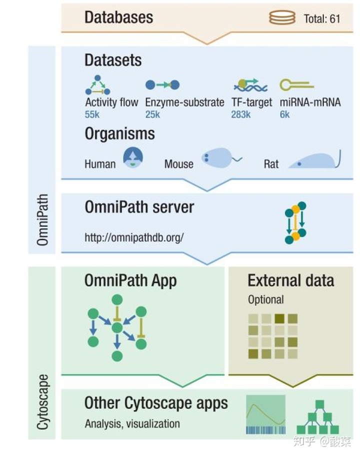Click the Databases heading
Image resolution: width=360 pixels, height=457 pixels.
(x=118, y=17)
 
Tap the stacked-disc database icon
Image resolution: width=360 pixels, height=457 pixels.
(x=282, y=17)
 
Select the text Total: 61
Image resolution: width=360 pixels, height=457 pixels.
(x=321, y=18)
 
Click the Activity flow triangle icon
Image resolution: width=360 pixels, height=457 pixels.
(x=97, y=85)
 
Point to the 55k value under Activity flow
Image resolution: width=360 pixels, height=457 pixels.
(x=92, y=114)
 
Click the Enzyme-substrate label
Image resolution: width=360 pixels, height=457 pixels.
(x=184, y=102)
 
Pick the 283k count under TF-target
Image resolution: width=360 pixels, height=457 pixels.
(x=240, y=114)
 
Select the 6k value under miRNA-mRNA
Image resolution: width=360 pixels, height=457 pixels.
(x=284, y=114)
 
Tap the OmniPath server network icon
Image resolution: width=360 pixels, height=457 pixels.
(x=295, y=222)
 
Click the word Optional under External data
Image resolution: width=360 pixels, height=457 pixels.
(x=265, y=300)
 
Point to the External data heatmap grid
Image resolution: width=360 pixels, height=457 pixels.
(x=272, y=336)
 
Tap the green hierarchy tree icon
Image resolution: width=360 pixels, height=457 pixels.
(x=317, y=416)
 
